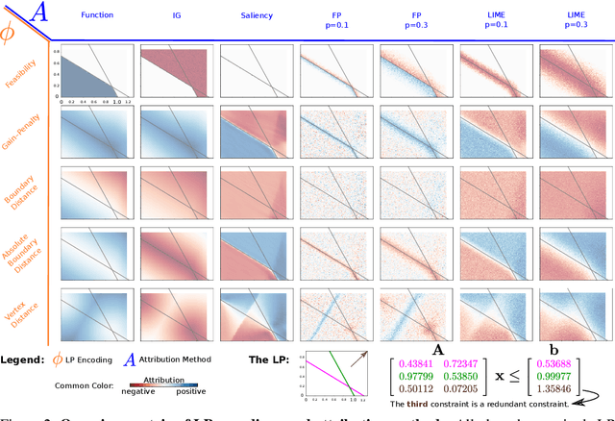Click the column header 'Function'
point(97,15)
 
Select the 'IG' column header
point(177,15)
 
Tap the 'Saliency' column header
point(257,15)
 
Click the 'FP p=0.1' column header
point(336,21)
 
